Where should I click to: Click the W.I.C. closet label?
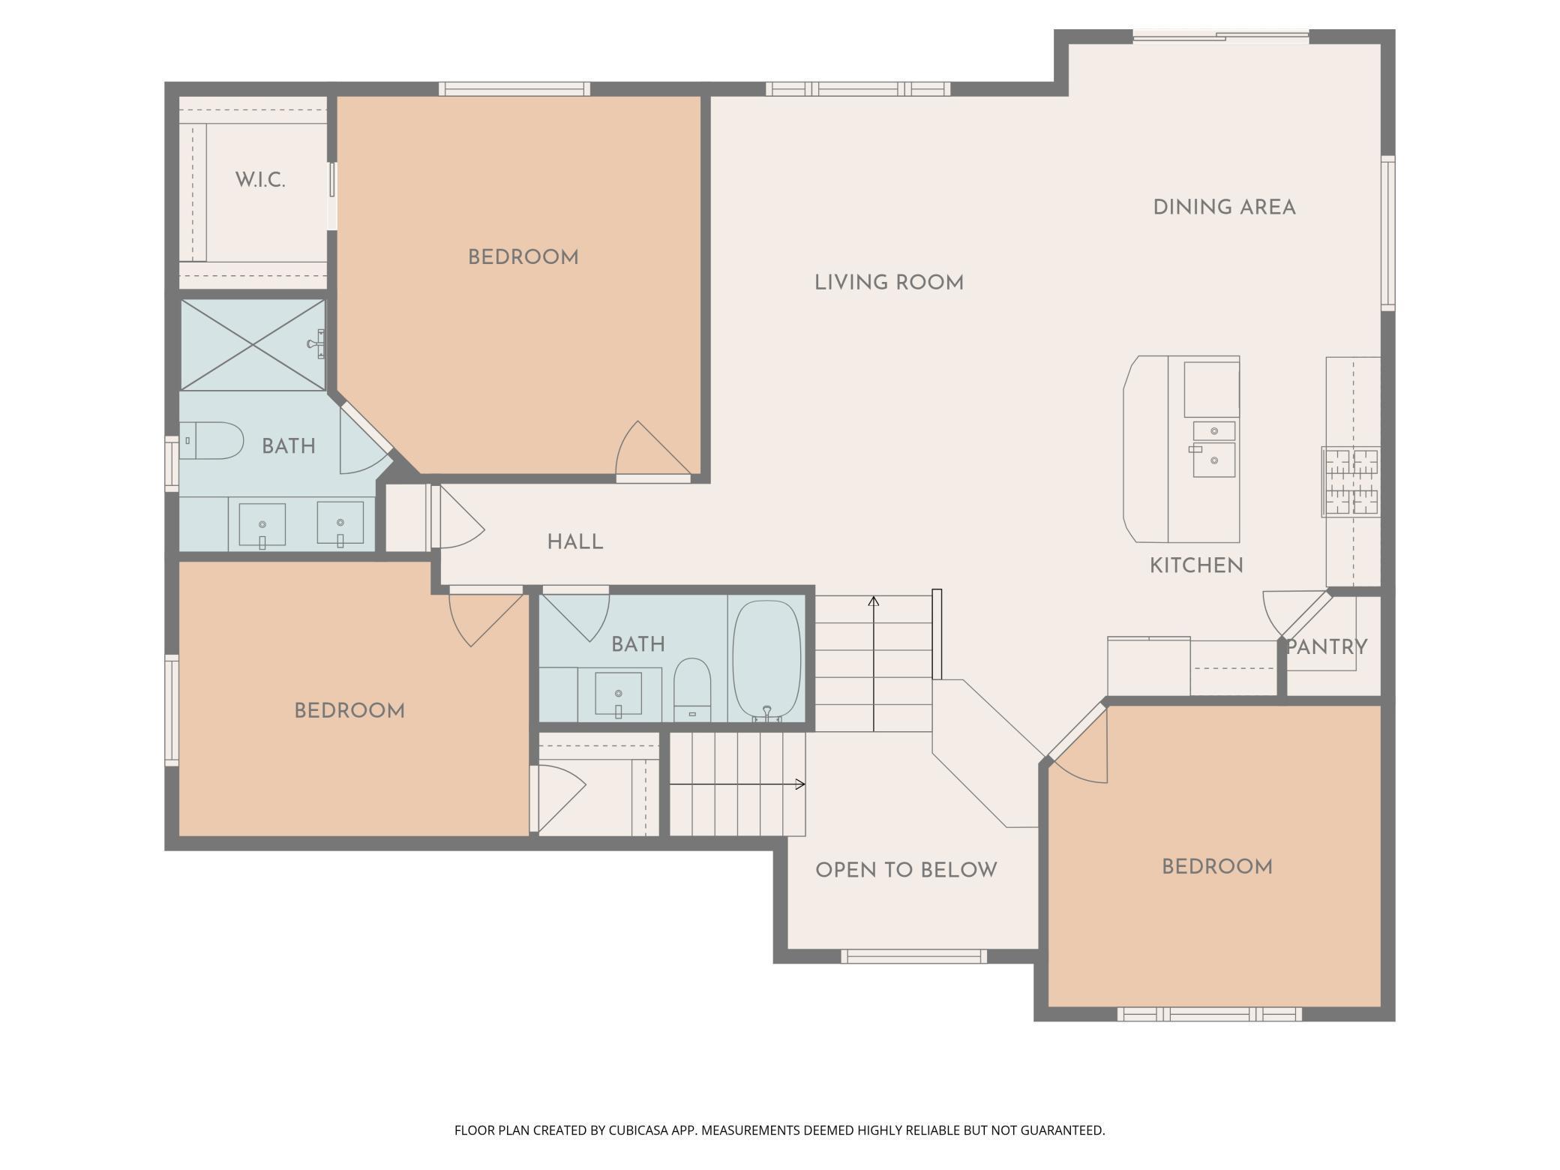tap(260, 180)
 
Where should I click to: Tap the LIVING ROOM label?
tap(889, 283)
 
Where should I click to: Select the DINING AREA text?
tap(1224, 208)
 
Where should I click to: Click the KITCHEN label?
tap(1196, 565)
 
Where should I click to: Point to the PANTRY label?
tap(1327, 646)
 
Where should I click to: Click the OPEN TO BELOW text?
tap(906, 870)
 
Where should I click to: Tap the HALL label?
tap(575, 542)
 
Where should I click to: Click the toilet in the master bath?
tap(211, 441)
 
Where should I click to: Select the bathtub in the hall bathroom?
tap(766, 660)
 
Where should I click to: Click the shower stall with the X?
tap(253, 345)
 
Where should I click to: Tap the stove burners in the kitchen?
tap(1351, 481)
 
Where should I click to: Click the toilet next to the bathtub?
tap(691, 690)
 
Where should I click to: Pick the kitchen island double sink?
tap(1213, 449)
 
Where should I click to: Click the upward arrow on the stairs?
tap(874, 663)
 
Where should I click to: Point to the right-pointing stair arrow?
tap(737, 784)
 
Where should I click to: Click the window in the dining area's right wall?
tap(1388, 233)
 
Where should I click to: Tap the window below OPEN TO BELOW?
tap(913, 956)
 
